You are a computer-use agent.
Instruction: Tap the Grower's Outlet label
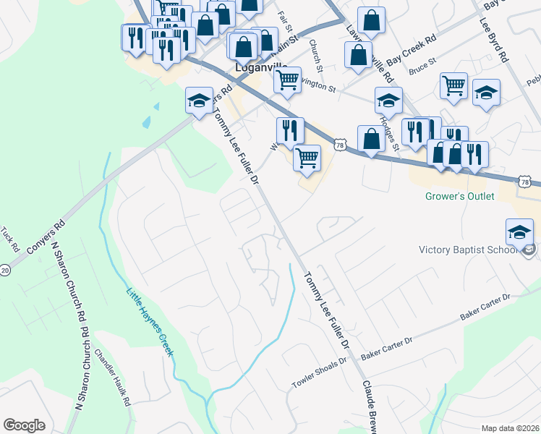(x=459, y=196)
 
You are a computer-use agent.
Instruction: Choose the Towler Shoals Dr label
(x=320, y=373)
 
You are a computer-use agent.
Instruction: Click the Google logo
(x=25, y=425)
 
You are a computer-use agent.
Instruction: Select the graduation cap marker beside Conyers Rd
(x=199, y=101)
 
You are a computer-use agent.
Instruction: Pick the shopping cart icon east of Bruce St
(x=453, y=85)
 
